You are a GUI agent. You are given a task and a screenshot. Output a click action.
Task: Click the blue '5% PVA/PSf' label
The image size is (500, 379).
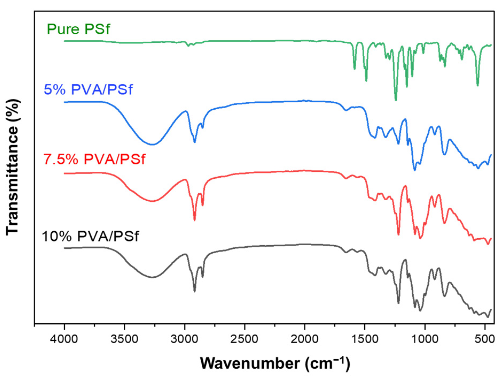(88, 89)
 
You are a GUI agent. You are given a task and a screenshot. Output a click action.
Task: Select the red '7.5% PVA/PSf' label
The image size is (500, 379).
(94, 159)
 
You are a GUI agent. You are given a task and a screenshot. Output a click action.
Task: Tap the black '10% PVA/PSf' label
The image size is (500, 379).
(90, 236)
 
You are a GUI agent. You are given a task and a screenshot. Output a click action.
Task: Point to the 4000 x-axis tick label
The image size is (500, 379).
(64, 339)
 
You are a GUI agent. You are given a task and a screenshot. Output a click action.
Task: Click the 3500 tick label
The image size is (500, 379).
(124, 339)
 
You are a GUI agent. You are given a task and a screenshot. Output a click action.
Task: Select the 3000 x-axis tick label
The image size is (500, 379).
(184, 339)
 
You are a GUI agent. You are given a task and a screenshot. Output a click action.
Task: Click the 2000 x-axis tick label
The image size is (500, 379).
(304, 339)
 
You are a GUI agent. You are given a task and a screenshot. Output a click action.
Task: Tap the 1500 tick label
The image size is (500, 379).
(365, 339)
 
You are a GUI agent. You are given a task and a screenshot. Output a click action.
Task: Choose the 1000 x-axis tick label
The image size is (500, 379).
(425, 339)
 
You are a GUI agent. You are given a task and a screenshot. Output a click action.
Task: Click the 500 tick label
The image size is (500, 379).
(485, 339)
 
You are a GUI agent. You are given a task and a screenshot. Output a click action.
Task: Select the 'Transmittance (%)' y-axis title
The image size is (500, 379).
(12, 167)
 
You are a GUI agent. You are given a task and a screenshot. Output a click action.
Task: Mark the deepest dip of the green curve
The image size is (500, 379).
(396, 100)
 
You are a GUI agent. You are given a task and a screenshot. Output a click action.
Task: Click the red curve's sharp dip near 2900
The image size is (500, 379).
(194, 220)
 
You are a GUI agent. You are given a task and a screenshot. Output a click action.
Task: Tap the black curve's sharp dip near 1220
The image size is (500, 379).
(399, 303)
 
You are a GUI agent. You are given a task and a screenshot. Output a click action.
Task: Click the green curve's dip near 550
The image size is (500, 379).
(478, 85)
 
